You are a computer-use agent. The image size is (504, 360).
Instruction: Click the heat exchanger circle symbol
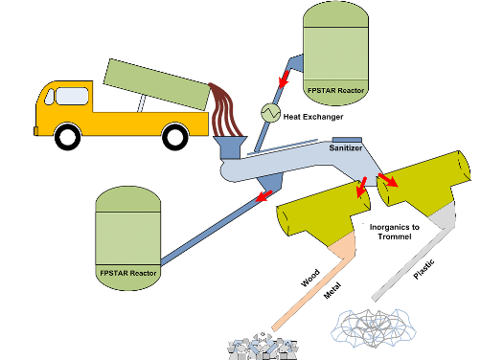270,113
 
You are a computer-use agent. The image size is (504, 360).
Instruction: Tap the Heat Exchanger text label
313,117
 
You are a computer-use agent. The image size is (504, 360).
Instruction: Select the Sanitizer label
346,148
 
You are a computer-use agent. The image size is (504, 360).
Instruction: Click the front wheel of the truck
68,138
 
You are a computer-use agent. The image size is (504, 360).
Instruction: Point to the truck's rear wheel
175,137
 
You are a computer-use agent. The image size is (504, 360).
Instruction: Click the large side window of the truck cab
72,97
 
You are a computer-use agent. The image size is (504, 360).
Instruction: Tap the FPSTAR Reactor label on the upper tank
336,91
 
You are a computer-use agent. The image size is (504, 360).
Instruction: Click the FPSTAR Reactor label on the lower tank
128,273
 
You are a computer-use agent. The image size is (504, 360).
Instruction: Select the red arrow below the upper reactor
284,79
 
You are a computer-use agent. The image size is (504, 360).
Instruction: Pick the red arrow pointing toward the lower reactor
263,196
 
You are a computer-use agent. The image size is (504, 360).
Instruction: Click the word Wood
310,278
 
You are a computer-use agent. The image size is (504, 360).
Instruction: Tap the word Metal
332,291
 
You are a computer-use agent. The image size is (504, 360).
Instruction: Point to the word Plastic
424,269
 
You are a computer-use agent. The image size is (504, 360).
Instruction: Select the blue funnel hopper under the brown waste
230,147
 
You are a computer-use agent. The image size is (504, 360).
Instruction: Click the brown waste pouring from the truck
225,109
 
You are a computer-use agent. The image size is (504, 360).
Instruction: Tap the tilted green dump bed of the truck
157,84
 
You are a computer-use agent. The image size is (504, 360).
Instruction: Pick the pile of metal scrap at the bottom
262,347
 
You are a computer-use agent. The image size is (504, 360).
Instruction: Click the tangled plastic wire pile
373,328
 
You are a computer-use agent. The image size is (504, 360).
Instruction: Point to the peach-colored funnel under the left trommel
344,245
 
